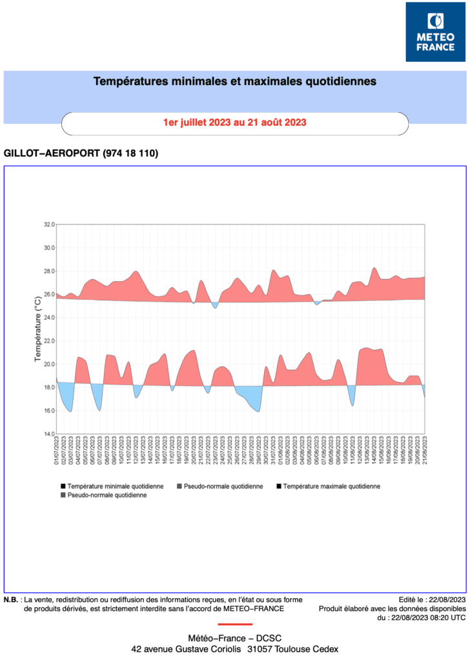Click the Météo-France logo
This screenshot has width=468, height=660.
coord(435,32)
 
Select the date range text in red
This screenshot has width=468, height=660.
coord(234,122)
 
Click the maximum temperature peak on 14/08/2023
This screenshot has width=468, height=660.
coord(374,268)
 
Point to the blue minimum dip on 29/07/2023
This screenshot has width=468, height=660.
coord(258,411)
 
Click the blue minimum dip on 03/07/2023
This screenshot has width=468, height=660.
coord(71,411)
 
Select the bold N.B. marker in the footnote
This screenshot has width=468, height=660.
coord(11,599)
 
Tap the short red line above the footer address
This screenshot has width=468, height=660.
coord(234,624)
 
